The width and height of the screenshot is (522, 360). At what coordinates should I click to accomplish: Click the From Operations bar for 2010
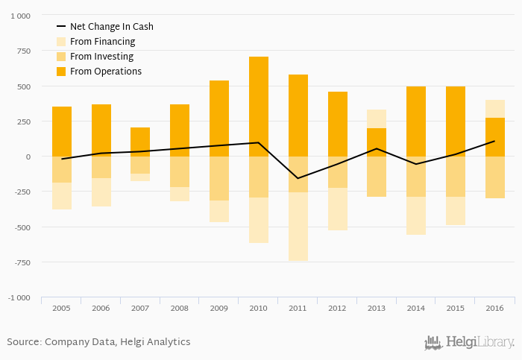pyautogui.click(x=259, y=107)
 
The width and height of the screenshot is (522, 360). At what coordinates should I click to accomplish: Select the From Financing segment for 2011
pyautogui.click(x=298, y=227)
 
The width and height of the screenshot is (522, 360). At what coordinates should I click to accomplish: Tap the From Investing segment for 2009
pyautogui.click(x=219, y=178)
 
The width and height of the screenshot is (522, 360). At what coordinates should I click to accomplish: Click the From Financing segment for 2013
pyautogui.click(x=377, y=119)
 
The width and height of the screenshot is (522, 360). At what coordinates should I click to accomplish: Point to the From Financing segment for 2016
pyautogui.click(x=495, y=109)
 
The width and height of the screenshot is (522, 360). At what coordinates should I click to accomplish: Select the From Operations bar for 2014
pyautogui.click(x=416, y=121)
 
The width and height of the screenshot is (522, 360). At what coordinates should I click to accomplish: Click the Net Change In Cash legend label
pyautogui.click(x=111, y=27)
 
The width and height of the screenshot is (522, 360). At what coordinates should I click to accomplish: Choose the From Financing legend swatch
pyautogui.click(x=61, y=42)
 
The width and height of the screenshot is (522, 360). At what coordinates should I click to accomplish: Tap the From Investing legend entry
pyautogui.click(x=101, y=57)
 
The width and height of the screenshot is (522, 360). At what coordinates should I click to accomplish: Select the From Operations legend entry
pyautogui.click(x=105, y=72)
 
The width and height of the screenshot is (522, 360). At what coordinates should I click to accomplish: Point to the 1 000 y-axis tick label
pyautogui.click(x=19, y=16)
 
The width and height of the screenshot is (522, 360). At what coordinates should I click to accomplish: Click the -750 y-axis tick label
pyautogui.click(x=20, y=262)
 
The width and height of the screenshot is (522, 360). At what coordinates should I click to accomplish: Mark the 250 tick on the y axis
pyautogui.click(x=23, y=121)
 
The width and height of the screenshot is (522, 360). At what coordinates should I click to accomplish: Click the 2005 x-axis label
pyautogui.click(x=61, y=307)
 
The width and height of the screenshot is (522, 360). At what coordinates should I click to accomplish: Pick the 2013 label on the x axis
pyautogui.click(x=377, y=307)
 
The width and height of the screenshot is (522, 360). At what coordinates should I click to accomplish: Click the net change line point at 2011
pyautogui.click(x=298, y=178)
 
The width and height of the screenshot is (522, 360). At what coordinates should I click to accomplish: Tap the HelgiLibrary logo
pyautogui.click(x=469, y=343)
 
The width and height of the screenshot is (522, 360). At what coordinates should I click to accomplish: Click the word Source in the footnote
pyautogui.click(x=23, y=342)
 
